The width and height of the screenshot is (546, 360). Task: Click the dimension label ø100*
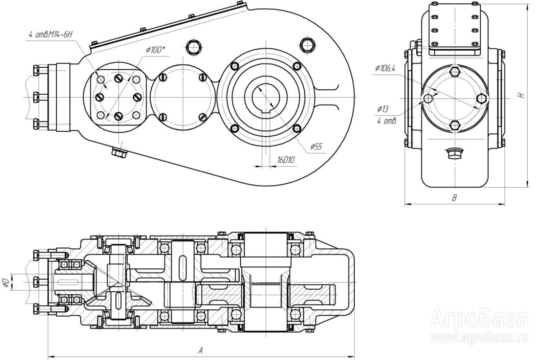point(155,50)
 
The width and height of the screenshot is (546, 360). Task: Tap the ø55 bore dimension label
point(316,147)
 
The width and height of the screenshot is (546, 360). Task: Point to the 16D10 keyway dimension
point(287,160)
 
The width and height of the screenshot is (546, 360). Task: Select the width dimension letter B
point(455,198)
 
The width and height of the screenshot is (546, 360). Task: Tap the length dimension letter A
point(200,351)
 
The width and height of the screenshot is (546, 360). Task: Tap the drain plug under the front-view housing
point(119,152)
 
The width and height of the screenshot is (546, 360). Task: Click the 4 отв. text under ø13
point(387,121)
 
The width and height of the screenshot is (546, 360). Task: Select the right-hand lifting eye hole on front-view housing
point(307,44)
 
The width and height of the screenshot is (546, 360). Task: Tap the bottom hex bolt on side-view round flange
point(455,125)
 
